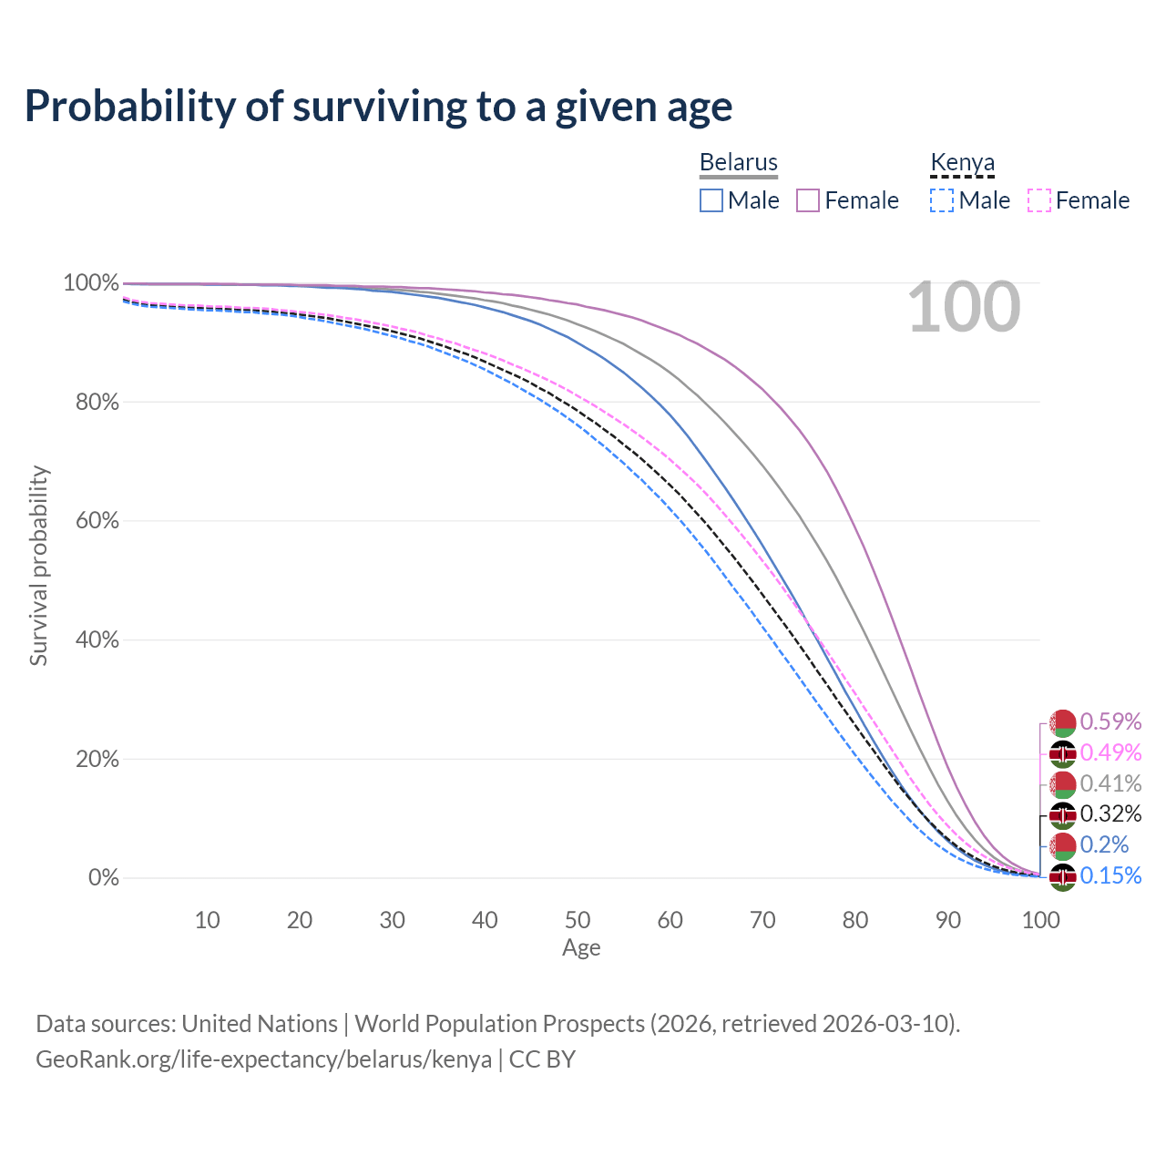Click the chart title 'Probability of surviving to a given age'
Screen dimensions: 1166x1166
(378, 107)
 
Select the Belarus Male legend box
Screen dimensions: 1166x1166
(711, 200)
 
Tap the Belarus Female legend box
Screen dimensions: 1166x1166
(808, 200)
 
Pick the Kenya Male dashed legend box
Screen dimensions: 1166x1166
(942, 200)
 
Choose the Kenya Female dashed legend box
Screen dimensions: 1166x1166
(1038, 200)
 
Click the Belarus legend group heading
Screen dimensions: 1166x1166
(738, 162)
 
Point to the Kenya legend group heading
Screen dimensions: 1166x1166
(962, 162)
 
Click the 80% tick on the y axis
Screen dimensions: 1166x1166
(97, 402)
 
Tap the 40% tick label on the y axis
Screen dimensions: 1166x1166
(97, 640)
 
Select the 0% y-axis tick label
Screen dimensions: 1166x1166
(104, 878)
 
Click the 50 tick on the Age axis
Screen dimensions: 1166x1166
(578, 920)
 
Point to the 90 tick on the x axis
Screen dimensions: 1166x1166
(948, 920)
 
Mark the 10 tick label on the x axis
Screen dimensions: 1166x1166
(207, 920)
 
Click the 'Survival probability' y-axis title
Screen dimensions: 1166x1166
(38, 566)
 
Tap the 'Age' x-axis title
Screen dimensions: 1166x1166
(581, 948)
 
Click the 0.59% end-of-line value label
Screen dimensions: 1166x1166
(1110, 721)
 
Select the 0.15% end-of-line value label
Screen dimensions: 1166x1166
(1110, 875)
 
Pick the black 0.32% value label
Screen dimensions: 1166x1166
(1110, 813)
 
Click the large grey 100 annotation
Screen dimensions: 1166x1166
(964, 307)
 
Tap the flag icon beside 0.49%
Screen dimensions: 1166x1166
(1062, 753)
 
